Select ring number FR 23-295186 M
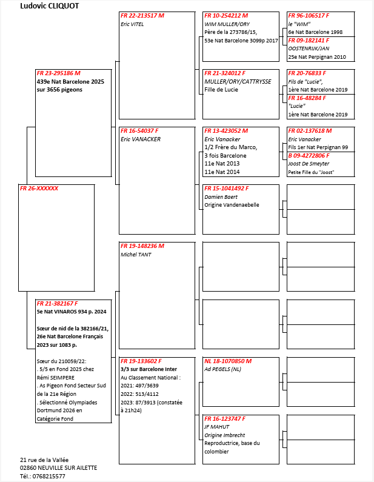click(58, 73)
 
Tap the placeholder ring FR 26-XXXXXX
click(39, 189)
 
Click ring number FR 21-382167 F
click(57, 303)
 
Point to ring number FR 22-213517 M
click(142, 15)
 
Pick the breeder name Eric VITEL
click(132, 24)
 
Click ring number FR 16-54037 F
click(139, 130)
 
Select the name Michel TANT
click(136, 255)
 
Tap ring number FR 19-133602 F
click(141, 361)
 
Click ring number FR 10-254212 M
click(227, 15)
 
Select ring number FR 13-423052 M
click(226, 130)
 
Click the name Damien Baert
click(221, 197)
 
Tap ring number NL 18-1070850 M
click(228, 361)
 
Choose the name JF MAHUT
click(216, 427)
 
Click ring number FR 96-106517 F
click(309, 15)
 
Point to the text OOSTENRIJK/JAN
click(309, 49)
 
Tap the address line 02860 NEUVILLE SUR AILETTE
click(58, 467)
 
